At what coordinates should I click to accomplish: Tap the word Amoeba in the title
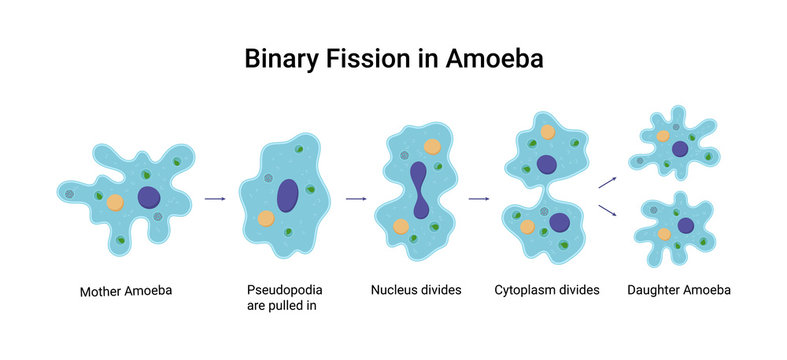490,59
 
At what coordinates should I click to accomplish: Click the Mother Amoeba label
126,292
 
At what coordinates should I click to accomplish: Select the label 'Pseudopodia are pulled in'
284,298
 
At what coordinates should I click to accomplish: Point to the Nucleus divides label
415,291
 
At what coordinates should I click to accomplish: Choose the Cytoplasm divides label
546,291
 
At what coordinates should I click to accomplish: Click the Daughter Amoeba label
678,291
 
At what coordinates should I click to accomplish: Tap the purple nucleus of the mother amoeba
149,198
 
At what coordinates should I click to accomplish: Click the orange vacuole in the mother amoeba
115,201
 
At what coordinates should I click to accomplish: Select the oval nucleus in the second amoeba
287,195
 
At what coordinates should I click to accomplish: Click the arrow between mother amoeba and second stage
215,199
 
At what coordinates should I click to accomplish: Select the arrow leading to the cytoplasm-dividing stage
479,199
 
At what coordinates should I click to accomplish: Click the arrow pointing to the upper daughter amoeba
607,181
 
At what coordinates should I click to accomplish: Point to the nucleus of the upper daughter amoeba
680,149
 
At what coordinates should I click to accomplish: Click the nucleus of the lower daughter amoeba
685,225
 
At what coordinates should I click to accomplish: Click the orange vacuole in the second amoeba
266,218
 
